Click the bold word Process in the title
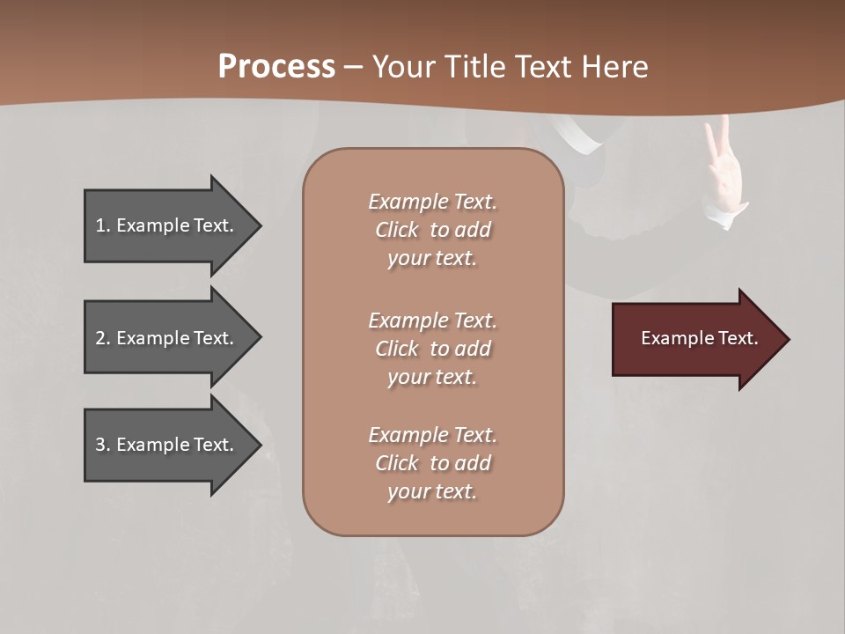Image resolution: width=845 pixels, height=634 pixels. tap(276, 66)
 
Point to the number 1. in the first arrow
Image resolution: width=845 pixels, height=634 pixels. tap(102, 225)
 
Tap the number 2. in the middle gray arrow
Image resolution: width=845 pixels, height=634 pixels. tap(102, 338)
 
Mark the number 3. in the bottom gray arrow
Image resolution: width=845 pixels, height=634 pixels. tap(102, 445)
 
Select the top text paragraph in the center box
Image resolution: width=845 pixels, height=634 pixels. tap(432, 230)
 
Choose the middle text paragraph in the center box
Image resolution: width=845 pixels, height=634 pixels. tap(432, 348)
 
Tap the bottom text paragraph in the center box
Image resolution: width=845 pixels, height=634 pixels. tap(432, 463)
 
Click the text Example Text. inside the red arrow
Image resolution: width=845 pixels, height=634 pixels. tap(699, 338)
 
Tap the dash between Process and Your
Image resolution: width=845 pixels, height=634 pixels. tap(353, 67)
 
